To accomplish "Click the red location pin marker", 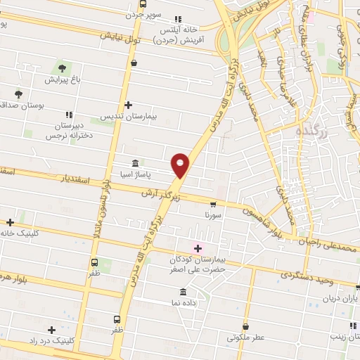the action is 181,165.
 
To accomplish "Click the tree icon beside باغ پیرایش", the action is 62,69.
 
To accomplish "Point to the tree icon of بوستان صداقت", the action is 18,94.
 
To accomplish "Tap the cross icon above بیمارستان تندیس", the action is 127,105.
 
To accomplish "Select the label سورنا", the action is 213,214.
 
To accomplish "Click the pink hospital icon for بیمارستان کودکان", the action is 198,247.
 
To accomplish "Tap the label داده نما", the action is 198,302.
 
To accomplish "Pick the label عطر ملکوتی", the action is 246,337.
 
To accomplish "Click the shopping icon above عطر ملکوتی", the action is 245,326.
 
